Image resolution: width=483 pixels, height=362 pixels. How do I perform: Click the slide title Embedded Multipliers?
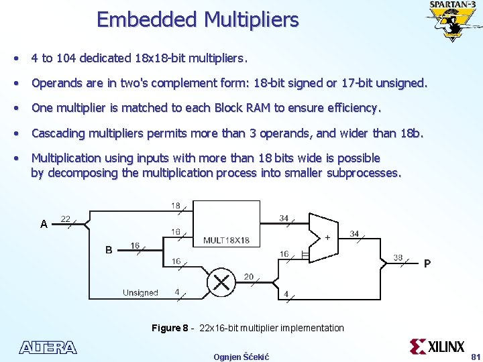click(x=197, y=19)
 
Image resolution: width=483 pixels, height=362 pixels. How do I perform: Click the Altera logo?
click(x=48, y=347)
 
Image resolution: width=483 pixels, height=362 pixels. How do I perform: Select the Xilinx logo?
click(x=437, y=347)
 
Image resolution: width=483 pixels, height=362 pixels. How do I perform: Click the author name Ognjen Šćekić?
click(x=241, y=357)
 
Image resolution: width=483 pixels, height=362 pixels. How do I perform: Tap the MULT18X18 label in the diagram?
click(x=226, y=240)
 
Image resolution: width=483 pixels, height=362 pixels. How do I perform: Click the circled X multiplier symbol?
click(x=221, y=282)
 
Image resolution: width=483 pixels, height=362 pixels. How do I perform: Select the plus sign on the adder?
click(x=327, y=238)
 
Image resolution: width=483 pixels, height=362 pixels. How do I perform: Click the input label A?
click(x=44, y=225)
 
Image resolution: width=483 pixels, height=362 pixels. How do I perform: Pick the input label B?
click(x=109, y=250)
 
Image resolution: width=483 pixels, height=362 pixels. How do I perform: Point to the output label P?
click(x=427, y=263)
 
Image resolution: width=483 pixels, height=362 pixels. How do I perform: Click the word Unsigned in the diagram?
click(x=140, y=292)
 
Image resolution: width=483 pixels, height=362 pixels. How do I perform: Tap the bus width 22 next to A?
click(x=66, y=219)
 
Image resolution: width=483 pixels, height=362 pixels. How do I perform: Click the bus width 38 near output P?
click(x=398, y=257)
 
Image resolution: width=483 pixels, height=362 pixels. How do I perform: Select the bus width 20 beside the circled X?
click(x=248, y=276)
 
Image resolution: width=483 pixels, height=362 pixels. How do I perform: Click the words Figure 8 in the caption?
click(x=170, y=328)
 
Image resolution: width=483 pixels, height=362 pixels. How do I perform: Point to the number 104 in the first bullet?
click(x=66, y=58)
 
